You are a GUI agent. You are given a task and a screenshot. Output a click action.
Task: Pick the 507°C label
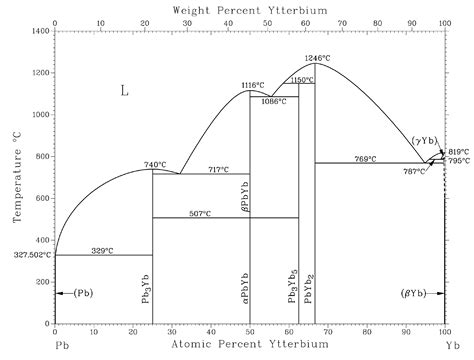click(201, 212)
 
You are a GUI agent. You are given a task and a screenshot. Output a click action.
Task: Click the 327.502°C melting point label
click(27, 255)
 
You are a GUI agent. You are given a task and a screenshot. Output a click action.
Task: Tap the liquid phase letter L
click(125, 91)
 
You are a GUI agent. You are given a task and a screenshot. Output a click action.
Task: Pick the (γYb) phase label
click(425, 139)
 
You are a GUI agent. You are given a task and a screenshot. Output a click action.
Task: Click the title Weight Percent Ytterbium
click(250, 9)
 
